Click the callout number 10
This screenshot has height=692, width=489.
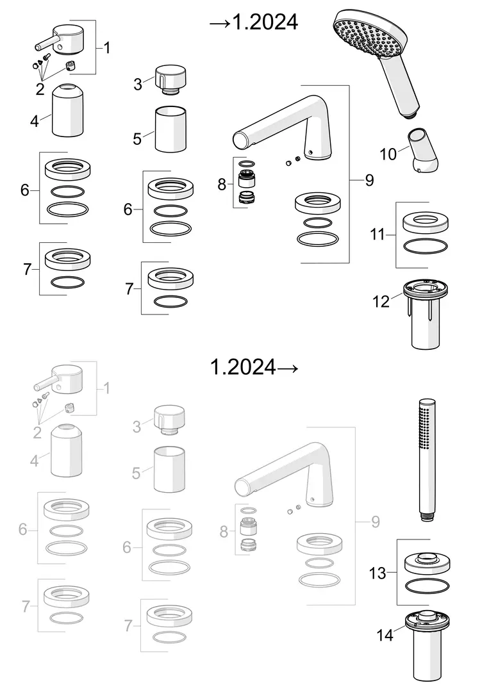388,154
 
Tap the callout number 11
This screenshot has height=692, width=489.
377,235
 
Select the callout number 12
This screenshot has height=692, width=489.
381,302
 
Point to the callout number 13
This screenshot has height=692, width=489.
377,573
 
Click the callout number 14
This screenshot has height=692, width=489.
385,635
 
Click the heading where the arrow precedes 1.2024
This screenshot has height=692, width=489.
254,22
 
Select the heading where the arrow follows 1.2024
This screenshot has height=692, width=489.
254,367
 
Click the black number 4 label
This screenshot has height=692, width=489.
35,121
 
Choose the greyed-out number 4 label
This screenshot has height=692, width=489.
35,461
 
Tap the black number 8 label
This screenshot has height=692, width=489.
222,185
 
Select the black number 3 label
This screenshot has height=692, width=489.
138,84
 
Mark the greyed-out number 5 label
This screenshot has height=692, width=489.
137,473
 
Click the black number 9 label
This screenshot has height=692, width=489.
370,180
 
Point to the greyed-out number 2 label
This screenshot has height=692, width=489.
38,432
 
